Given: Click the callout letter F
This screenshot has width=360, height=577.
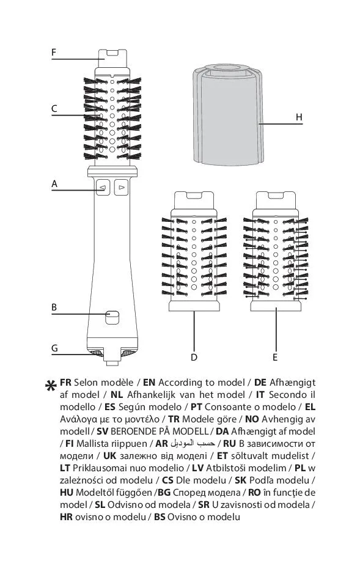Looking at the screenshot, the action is coord(54,53).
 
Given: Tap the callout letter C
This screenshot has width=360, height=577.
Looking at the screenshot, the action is coord(54,109).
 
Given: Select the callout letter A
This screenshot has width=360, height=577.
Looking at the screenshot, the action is coord(54,183).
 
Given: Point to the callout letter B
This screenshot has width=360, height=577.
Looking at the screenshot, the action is coord(54,307).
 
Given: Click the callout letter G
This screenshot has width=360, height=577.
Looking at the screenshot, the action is coord(54,348).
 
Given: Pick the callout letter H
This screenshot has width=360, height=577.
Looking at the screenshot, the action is coord(299,117).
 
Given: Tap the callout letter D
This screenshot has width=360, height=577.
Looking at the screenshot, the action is coord(194,357).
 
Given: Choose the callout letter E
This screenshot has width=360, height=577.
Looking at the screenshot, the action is coord(275,357).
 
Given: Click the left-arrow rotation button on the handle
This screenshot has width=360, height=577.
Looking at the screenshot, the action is coord(103,187).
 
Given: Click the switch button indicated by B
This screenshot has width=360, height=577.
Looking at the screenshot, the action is coord(112,317).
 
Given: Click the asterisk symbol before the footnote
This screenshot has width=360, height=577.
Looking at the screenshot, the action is coord(51,386).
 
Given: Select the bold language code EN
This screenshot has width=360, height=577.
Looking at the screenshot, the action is coord(149,383).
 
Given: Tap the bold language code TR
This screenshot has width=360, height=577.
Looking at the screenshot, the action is coord(174,419).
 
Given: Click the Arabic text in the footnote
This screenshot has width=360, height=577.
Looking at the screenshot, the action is coord(193,443).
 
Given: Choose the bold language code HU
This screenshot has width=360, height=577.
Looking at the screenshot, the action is coord(66,493).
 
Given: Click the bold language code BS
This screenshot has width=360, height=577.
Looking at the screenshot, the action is coord(160,516).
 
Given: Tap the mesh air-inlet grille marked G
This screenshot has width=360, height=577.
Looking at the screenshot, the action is coord(97,353).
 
